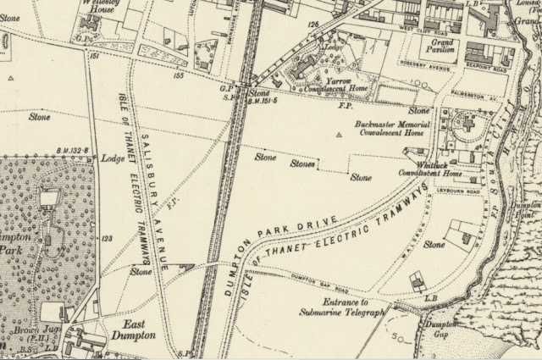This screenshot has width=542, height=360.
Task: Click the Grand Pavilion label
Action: pos(441,44)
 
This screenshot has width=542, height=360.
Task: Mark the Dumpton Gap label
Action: pos(440,330)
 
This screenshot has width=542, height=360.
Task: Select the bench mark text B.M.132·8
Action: pos(73,150)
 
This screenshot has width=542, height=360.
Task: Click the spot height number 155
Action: pos(179,75)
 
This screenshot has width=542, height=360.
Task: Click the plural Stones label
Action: pos(302,163)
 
